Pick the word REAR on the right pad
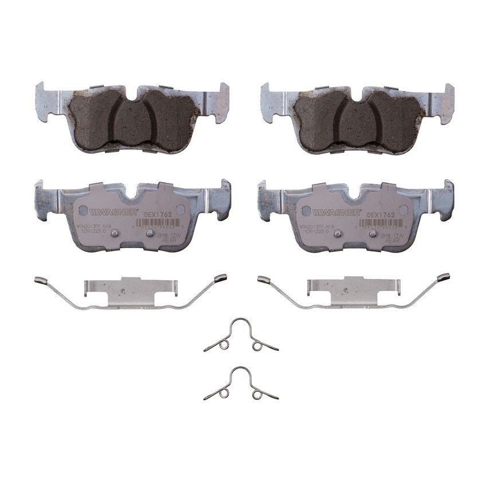click(x=392, y=241)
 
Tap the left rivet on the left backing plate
click(x=114, y=233)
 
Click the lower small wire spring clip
click(x=241, y=384)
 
